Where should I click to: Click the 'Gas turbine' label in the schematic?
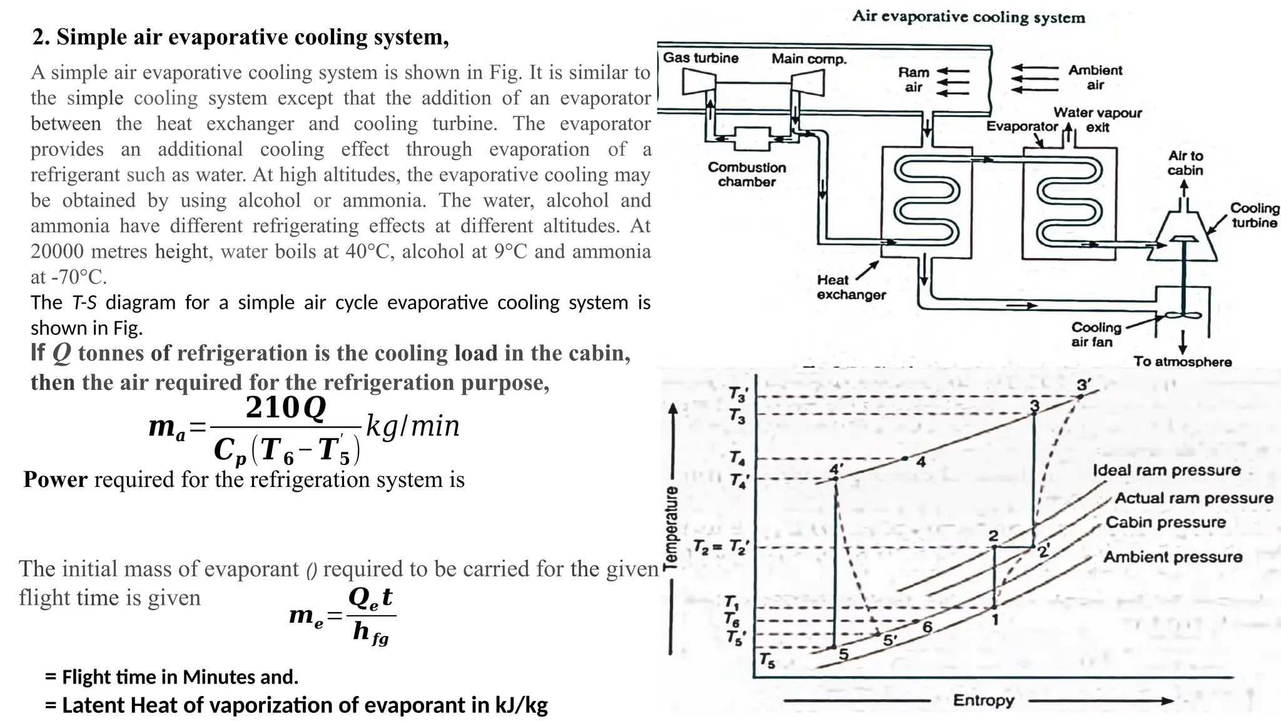(701, 58)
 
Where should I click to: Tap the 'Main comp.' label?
(809, 59)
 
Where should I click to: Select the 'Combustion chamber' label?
(747, 175)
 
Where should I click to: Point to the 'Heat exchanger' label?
(851, 287)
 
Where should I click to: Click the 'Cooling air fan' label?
(1096, 334)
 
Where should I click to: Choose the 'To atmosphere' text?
(1182, 362)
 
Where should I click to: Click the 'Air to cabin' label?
(1185, 163)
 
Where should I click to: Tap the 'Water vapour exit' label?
(1098, 120)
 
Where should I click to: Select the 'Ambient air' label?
(1095, 78)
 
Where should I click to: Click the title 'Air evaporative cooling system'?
(968, 17)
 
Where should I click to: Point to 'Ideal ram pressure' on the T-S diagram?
(1167, 470)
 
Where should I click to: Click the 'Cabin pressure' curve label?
(1166, 522)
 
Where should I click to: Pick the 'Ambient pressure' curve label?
(1173, 556)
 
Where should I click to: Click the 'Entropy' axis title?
(983, 700)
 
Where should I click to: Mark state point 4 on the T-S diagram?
(905, 459)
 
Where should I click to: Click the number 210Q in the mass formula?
(286, 408)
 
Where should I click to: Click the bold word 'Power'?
(56, 479)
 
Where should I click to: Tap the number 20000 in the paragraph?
(57, 251)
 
